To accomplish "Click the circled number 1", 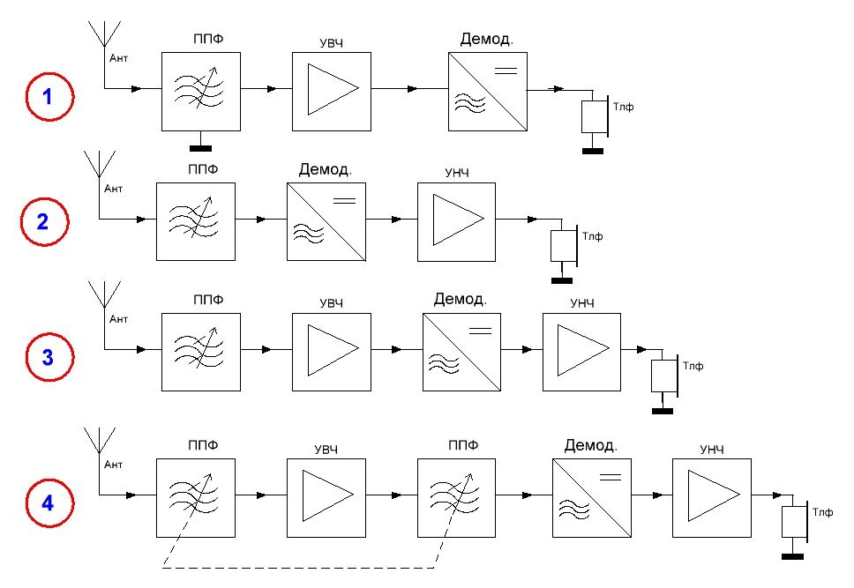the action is tap(49, 96).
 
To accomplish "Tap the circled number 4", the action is tap(49, 502).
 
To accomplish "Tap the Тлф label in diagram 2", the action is tap(593, 236).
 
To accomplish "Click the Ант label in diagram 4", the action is tap(113, 465).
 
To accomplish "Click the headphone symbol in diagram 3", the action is tap(664, 376).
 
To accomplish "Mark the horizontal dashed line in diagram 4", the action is tap(298, 568).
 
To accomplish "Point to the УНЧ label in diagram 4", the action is tap(712, 450).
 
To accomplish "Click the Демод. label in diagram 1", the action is tap(487, 39).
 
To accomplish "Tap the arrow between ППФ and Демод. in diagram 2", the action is tap(261, 220).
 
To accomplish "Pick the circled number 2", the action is tap(44, 221).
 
